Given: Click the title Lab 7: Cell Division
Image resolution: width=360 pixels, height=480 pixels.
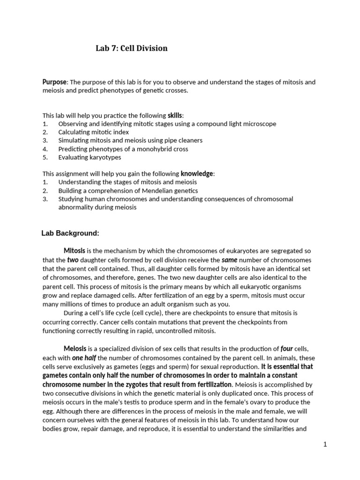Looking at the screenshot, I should point(131,48).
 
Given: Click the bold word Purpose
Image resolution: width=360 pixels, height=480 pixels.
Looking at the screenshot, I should point(55,82).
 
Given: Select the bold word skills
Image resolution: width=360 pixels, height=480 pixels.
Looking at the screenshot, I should point(175,115).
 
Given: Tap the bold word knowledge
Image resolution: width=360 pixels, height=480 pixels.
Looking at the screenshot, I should point(197,174).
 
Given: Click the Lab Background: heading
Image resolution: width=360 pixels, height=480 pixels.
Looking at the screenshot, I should point(70,232).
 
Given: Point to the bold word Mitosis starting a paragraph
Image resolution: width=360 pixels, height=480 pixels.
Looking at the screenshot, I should point(74,251).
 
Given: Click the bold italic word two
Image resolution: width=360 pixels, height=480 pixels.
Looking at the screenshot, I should point(73,260).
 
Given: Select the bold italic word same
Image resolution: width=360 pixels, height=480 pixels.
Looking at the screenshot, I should point(230,260).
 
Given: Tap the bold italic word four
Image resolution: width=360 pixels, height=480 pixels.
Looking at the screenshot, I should point(286,349).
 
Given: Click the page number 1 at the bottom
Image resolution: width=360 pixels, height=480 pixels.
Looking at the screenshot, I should point(324,444).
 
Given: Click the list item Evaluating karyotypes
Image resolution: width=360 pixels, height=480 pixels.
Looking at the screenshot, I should point(90,157).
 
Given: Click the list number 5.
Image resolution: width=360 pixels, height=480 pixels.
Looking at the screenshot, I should point(45,157).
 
